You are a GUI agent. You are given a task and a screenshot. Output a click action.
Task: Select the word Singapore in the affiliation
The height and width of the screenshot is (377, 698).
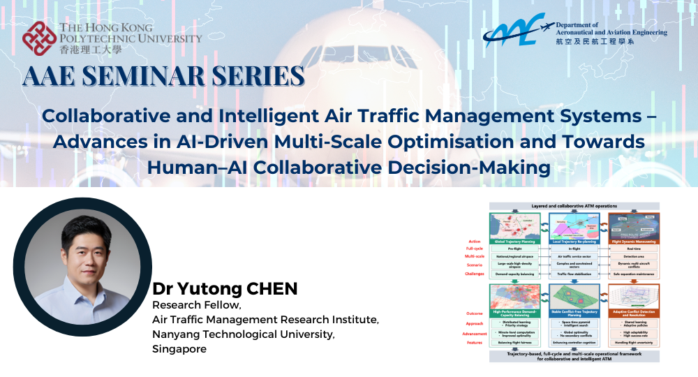pyautogui.click(x=179, y=349)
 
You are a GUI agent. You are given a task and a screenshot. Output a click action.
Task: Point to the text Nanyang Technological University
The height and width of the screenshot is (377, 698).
pyautogui.click(x=244, y=334)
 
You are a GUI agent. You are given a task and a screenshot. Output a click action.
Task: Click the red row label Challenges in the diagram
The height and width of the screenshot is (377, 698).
pyautogui.click(x=475, y=274)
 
